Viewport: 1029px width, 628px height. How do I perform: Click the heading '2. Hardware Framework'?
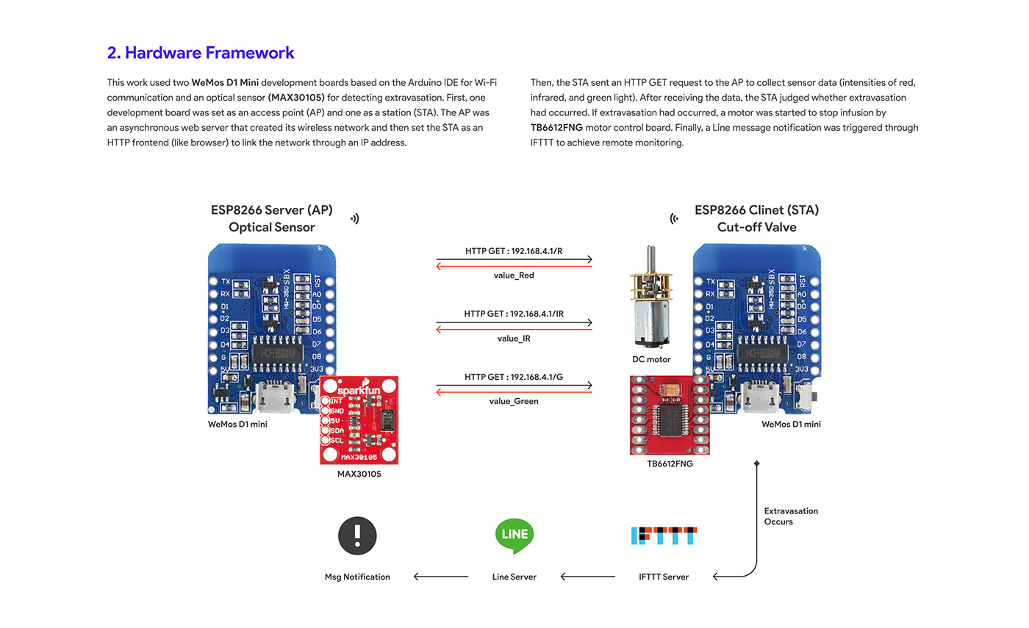(x=200, y=53)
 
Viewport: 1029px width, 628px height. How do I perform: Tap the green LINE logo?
(x=514, y=535)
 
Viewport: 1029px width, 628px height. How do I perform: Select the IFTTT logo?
(x=664, y=535)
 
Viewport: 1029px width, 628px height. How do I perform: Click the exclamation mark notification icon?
(x=357, y=535)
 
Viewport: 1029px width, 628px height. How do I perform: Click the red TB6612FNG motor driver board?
(x=670, y=415)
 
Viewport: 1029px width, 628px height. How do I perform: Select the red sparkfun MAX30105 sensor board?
(x=359, y=420)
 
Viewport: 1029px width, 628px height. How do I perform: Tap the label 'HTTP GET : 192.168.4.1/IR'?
(x=514, y=314)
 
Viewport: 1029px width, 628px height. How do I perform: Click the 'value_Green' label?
(x=514, y=401)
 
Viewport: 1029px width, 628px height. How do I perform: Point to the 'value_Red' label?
(x=514, y=275)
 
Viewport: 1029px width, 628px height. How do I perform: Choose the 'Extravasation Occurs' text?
(x=791, y=516)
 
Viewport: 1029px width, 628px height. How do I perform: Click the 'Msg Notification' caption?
(x=357, y=577)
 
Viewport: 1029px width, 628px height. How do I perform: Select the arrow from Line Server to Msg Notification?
(x=441, y=577)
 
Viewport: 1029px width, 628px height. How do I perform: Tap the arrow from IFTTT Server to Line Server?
(x=588, y=577)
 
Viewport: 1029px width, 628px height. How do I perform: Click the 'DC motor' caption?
(x=651, y=359)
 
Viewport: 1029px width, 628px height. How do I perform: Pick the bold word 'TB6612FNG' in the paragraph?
(x=556, y=128)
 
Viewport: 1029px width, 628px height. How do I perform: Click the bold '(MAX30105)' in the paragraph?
(x=296, y=98)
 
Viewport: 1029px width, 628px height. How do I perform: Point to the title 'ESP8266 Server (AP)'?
(x=272, y=210)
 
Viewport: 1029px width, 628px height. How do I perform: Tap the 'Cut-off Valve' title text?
(x=757, y=227)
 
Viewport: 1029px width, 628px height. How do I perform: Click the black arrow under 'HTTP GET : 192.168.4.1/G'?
(x=514, y=385)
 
